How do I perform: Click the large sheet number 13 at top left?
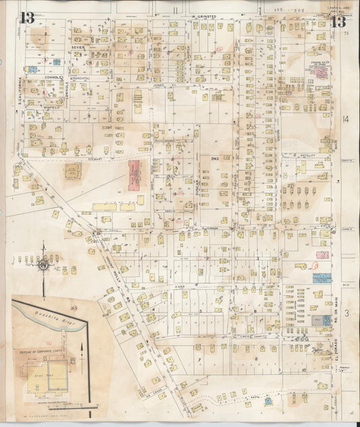tap(28, 18)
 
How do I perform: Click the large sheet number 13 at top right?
tap(342, 20)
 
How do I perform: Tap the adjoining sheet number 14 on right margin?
tap(346, 120)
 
